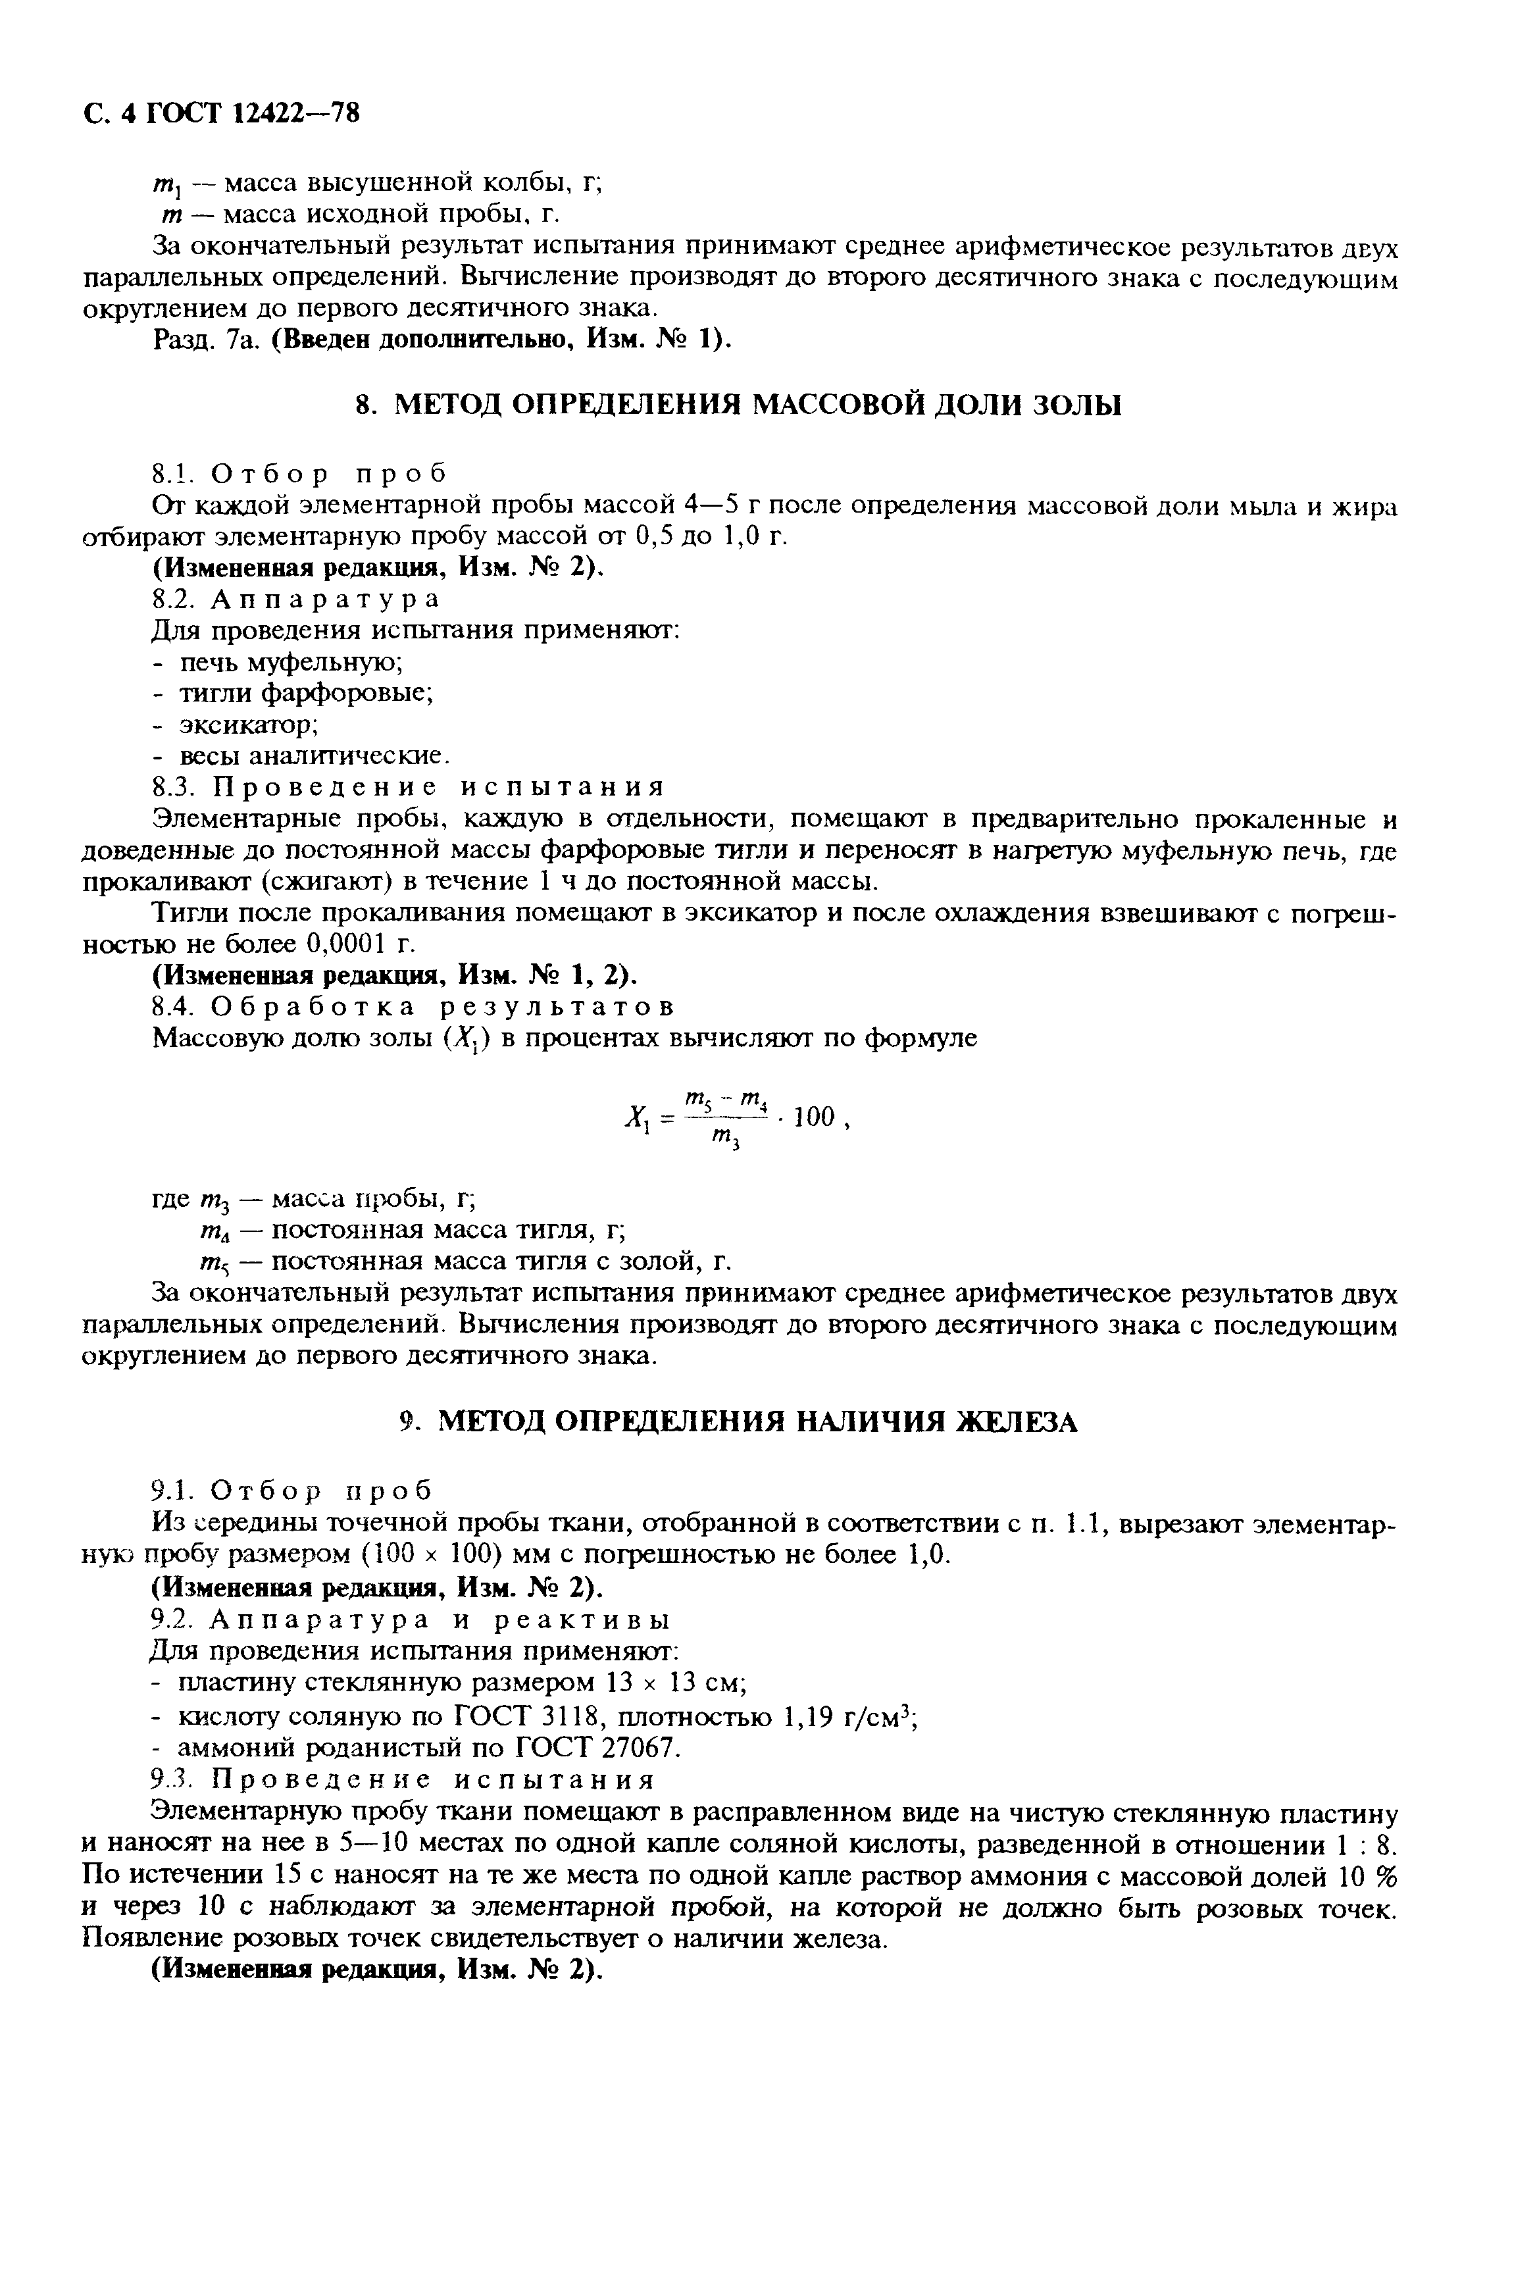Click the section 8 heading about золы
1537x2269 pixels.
738,404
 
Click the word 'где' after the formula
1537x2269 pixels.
172,1198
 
